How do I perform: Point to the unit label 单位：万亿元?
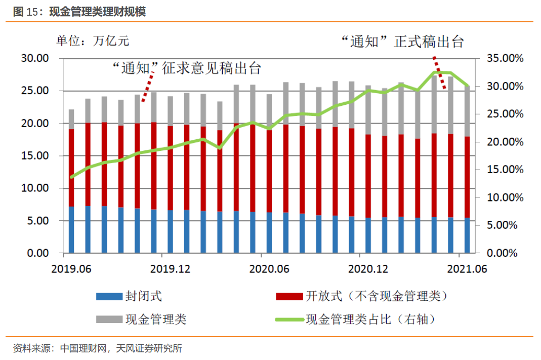pyautogui.click(x=93, y=41)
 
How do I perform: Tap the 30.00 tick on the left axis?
pyautogui.click(x=35, y=59)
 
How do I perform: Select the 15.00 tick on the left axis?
pyautogui.click(x=35, y=156)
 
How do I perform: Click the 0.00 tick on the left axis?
pyautogui.click(x=37, y=253)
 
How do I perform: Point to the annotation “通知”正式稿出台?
pyautogui.click(x=402, y=42)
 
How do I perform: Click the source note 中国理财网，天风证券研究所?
pyautogui.click(x=121, y=348)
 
